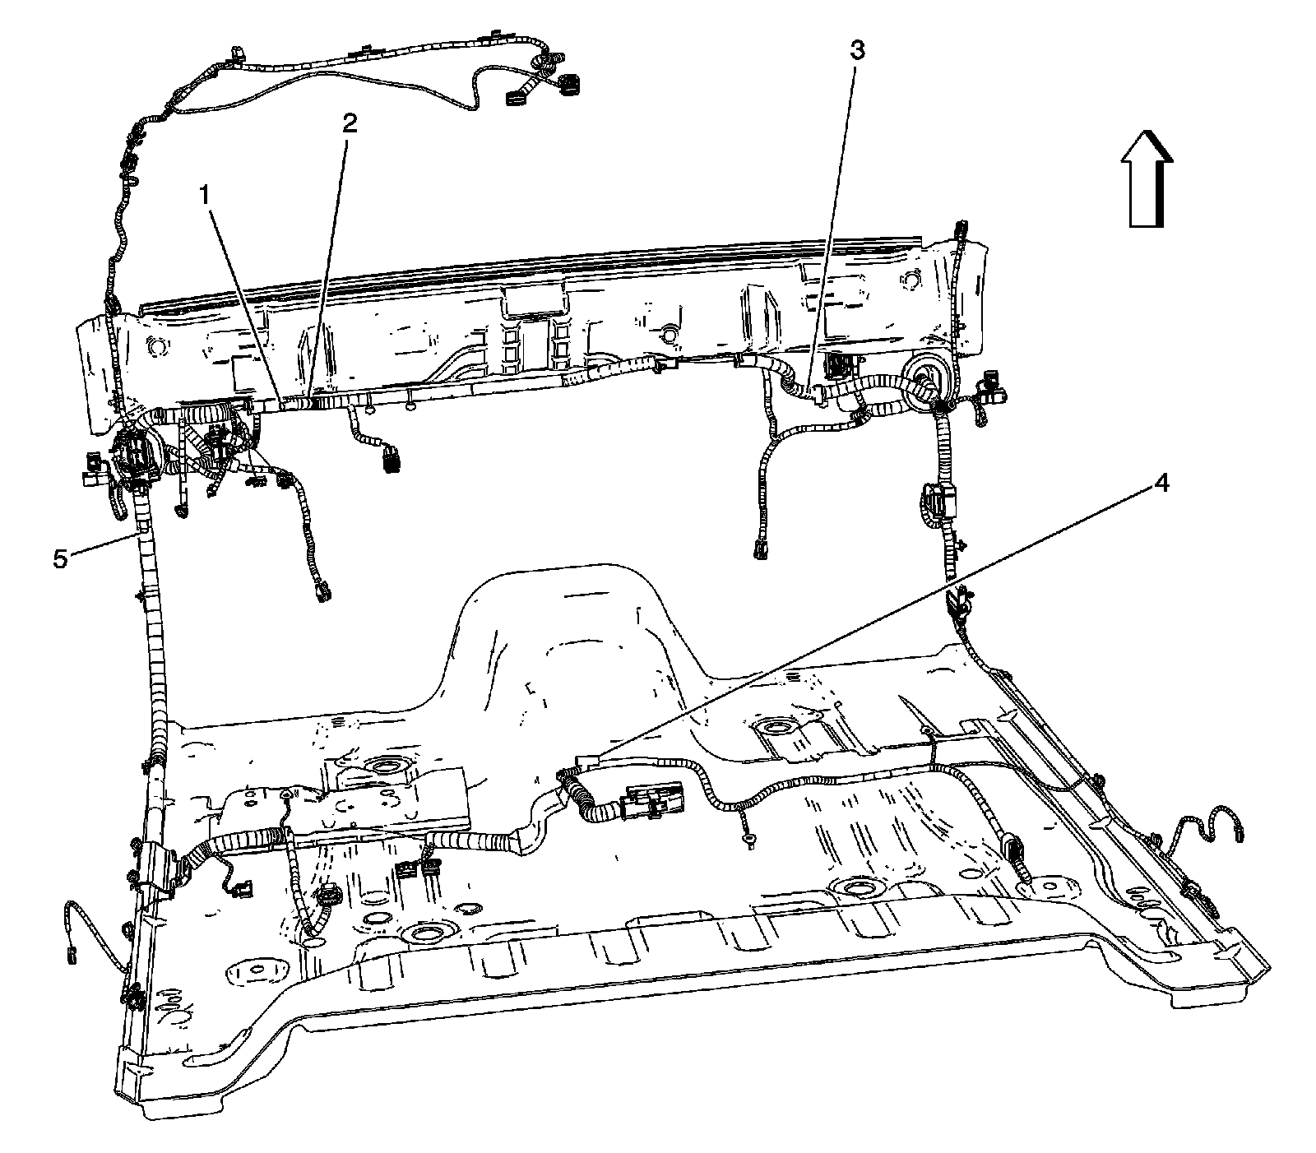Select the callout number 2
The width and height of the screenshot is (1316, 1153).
coord(350,123)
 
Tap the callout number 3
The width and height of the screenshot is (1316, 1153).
coord(856,50)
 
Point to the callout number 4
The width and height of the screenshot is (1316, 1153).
coord(1161,484)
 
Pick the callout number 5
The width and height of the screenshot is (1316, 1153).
coord(60,558)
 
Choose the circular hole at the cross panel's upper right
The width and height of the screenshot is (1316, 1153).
coord(910,279)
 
